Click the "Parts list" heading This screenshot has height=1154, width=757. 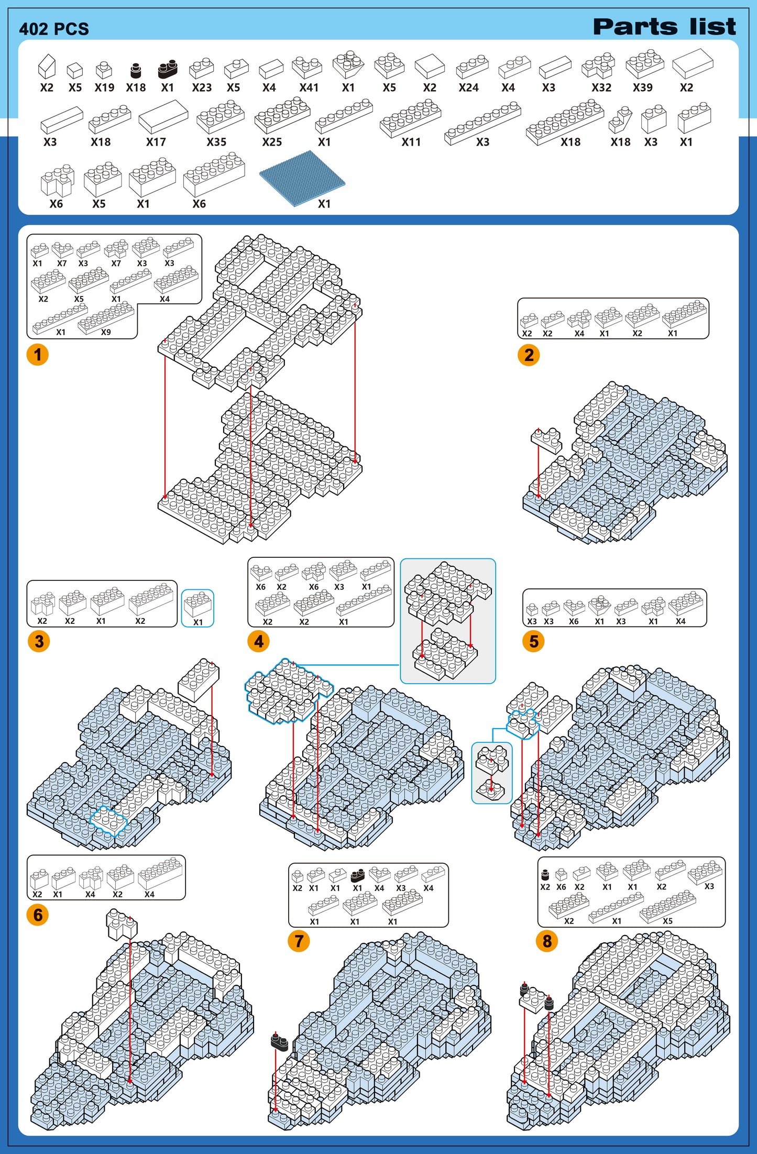pyautogui.click(x=664, y=27)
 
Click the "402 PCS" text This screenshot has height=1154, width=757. pyautogui.click(x=54, y=29)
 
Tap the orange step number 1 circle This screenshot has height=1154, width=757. pyautogui.click(x=38, y=355)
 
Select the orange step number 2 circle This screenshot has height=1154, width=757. pyautogui.click(x=529, y=355)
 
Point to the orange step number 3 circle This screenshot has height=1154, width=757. pyautogui.click(x=39, y=641)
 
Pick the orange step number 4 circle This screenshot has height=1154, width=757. pyautogui.click(x=259, y=641)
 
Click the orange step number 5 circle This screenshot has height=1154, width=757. pyautogui.click(x=534, y=641)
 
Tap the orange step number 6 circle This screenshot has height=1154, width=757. pyautogui.click(x=38, y=915)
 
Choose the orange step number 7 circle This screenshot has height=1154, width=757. pyautogui.click(x=299, y=941)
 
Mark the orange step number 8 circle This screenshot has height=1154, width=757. pyautogui.click(x=547, y=941)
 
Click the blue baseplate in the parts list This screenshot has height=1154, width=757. pyautogui.click(x=302, y=178)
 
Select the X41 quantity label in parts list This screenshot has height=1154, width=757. pyautogui.click(x=309, y=87)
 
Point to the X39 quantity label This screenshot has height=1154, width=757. pyautogui.click(x=643, y=87)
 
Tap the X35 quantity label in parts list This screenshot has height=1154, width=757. pyautogui.click(x=216, y=142)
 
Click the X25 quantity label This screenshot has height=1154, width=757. pyautogui.click(x=272, y=142)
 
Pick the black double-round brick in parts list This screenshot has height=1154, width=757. pyautogui.click(x=168, y=69)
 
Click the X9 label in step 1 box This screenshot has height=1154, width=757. pyautogui.click(x=106, y=332)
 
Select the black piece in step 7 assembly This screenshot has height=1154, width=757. pyautogui.click(x=279, y=1042)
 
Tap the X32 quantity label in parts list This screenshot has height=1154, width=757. pyautogui.click(x=601, y=87)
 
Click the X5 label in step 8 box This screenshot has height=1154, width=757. pyautogui.click(x=667, y=921)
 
